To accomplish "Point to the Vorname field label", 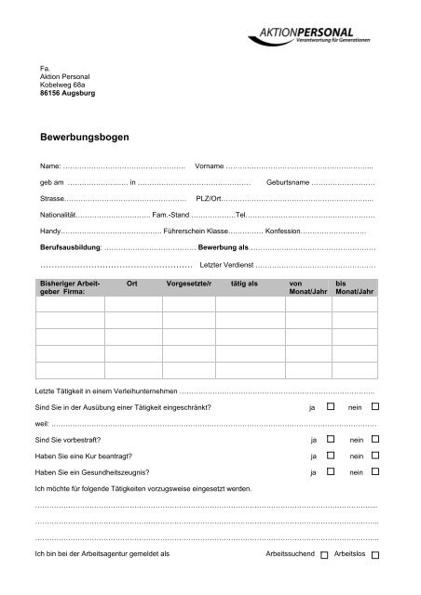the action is pos(210,165).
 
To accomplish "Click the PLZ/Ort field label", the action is pos(210,199).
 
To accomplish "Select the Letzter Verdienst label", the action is pos(220,266).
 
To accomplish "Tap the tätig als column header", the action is pos(244,283).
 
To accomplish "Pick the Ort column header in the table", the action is pos(131,283).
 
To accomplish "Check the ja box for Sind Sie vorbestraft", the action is pos(330,438).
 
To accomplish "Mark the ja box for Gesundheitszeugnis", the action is pos(330,473).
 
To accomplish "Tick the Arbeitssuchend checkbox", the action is pos(323,555).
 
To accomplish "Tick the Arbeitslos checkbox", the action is pos(374,555).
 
